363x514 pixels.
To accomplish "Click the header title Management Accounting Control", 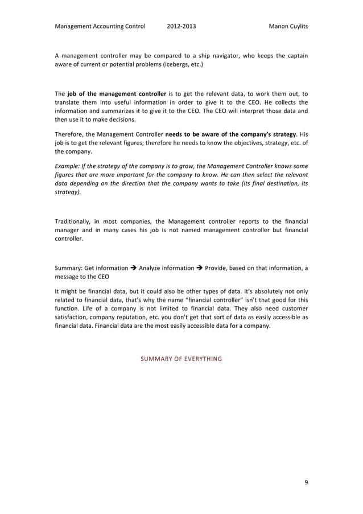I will (x=100, y=26).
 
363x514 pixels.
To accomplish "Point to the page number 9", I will (x=306, y=482).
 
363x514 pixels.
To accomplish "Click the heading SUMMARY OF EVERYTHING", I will (x=181, y=359).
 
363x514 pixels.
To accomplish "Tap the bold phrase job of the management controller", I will (x=117, y=93).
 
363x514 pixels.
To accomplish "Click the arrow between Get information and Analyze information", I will (x=134, y=267).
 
